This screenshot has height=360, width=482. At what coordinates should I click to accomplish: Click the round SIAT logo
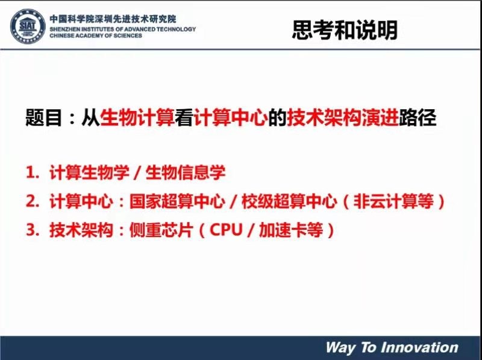[x=28, y=26]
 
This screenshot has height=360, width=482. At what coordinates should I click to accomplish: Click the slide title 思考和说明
[x=345, y=30]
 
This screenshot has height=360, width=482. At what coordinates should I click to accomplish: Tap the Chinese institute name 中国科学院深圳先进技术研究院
[x=113, y=19]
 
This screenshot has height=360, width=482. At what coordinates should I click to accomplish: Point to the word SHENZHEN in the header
[x=63, y=29]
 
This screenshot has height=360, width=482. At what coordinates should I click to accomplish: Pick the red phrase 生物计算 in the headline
[x=137, y=118]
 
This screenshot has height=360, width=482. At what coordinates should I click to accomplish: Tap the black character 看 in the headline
[x=184, y=118]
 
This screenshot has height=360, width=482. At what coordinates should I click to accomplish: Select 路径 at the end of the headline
[x=418, y=118]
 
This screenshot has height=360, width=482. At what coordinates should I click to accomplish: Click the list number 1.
[x=33, y=172]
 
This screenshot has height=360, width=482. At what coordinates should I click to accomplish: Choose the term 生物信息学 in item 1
[x=186, y=172]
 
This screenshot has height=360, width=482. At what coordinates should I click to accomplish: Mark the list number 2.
[x=33, y=201]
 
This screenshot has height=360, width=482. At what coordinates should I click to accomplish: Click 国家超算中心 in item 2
[x=177, y=201]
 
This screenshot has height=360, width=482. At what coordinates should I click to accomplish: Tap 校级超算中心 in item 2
[x=289, y=201]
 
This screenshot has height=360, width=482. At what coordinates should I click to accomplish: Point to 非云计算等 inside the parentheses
[x=394, y=201]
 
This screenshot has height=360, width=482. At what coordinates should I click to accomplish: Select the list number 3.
[x=33, y=230]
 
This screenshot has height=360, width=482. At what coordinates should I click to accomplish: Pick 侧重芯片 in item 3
[x=161, y=230]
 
